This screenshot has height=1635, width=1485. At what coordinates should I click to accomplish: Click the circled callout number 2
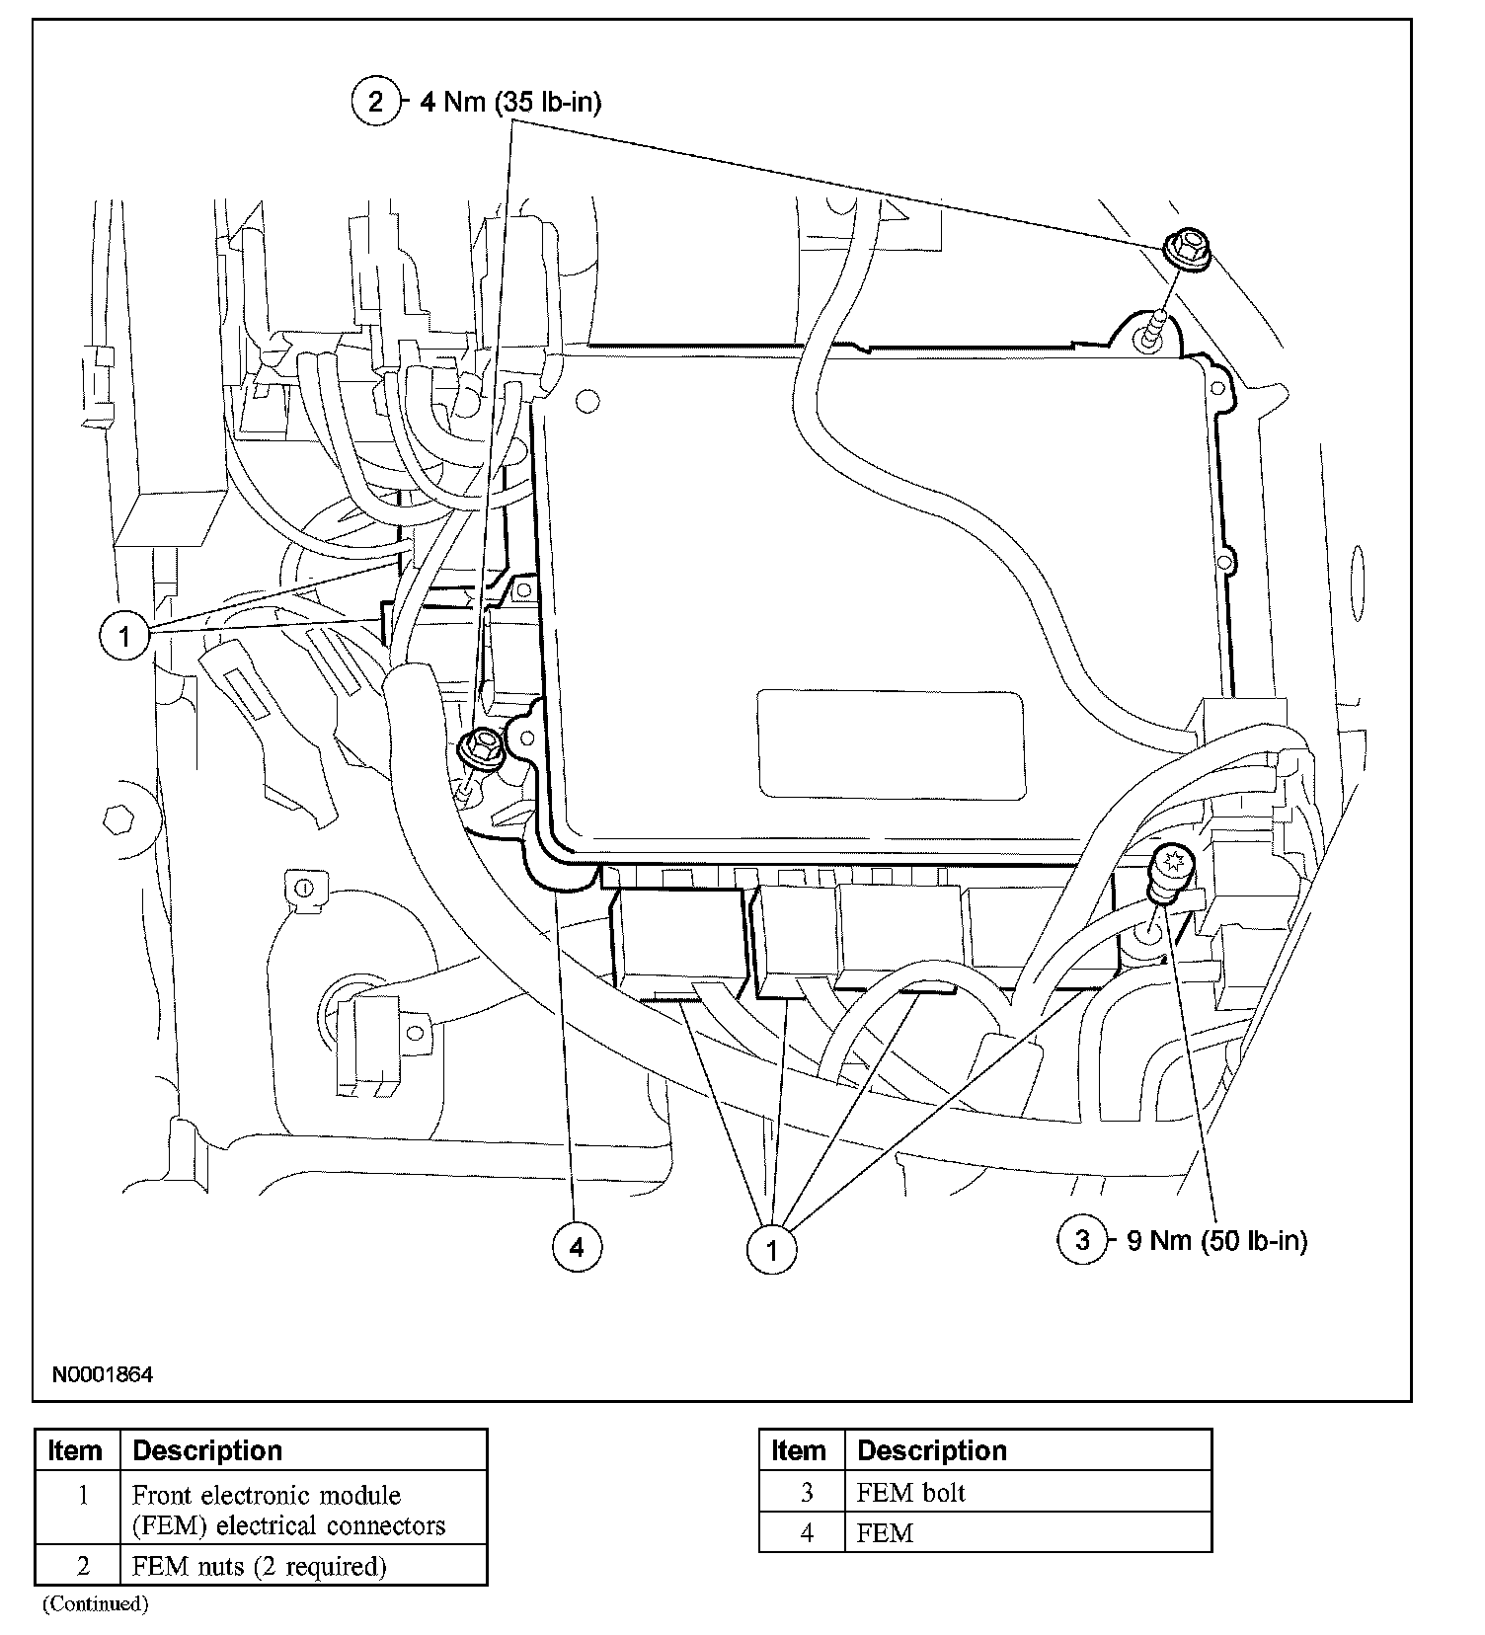(374, 101)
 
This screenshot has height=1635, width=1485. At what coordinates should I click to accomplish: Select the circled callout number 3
(1082, 1239)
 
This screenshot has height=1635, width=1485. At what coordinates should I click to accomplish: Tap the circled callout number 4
(577, 1247)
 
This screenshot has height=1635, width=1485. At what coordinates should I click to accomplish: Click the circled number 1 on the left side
(124, 636)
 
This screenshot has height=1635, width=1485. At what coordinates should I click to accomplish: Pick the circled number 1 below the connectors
(772, 1251)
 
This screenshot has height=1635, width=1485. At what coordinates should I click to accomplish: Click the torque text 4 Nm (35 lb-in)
(510, 102)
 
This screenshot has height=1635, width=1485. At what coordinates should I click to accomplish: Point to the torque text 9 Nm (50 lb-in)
(1217, 1240)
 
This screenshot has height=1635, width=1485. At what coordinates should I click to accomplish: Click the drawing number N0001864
(103, 1373)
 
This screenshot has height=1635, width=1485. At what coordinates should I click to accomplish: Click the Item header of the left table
(76, 1450)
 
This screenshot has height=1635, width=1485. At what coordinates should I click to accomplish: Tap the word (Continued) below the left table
(95, 1603)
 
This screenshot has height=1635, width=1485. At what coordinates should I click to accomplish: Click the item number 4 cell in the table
(806, 1532)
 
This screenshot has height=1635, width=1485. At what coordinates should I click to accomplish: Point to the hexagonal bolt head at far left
(118, 818)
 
